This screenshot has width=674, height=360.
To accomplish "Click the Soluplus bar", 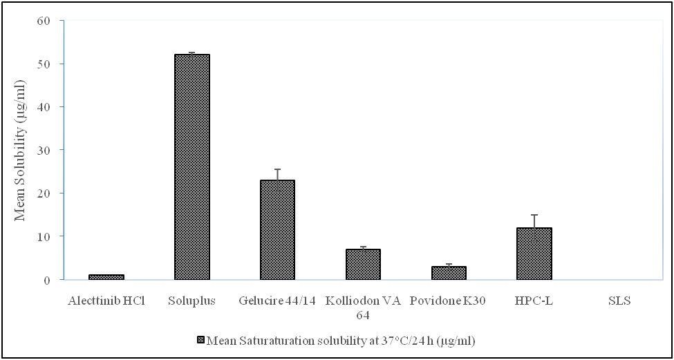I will [192, 167].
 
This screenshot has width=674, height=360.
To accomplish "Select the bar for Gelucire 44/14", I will [277, 229].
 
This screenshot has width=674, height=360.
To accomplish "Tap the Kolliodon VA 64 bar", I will [363, 264].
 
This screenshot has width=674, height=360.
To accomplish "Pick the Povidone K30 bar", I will [449, 272].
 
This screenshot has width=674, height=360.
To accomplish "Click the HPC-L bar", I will [534, 253].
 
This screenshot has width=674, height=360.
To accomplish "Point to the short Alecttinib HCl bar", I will [106, 276].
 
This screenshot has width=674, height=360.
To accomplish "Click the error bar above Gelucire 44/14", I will [277, 174].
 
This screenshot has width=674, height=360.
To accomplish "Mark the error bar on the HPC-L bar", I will [534, 221].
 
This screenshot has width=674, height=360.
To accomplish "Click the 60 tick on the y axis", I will [44, 20].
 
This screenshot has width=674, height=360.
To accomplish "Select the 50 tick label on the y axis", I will [44, 64].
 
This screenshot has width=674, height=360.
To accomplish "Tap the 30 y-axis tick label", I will [44, 150].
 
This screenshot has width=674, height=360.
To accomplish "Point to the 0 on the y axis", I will [48, 280].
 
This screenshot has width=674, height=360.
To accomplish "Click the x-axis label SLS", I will [620, 301].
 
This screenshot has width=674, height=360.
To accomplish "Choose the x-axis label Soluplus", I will [192, 301].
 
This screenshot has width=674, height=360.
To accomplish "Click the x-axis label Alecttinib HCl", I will [106, 301].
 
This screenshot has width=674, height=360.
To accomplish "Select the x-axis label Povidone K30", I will [449, 301].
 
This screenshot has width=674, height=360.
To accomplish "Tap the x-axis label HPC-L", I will [534, 301].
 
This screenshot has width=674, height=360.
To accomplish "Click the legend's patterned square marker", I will [201, 340].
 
